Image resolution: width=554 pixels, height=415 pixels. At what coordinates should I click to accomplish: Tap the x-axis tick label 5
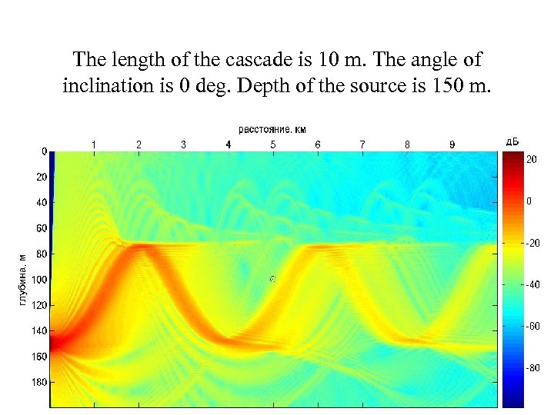coord(272,144)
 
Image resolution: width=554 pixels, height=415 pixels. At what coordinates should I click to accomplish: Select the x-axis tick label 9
coord(452,144)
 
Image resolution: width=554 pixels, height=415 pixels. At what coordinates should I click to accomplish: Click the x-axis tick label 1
coord(94,144)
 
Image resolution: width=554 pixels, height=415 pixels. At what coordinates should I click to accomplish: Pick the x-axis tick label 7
coord(362,144)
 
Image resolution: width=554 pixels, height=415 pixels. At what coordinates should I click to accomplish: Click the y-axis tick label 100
coord(39,280)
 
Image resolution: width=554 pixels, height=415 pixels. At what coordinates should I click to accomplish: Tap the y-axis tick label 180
coord(39,382)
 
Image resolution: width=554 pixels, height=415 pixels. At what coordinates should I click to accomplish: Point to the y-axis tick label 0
coord(45,151)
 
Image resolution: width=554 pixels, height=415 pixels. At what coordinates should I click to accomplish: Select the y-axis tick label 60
coord(42,228)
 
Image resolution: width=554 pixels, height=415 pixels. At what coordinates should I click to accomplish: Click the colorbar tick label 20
coord(532,160)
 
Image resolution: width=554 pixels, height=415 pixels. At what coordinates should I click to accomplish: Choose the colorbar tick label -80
coord(532,367)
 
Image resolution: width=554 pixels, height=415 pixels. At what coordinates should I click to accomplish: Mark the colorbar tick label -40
coord(532,284)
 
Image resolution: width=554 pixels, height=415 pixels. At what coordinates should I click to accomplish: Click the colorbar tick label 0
coord(529,201)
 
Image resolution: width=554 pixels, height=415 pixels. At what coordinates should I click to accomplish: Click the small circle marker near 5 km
coord(272,279)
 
